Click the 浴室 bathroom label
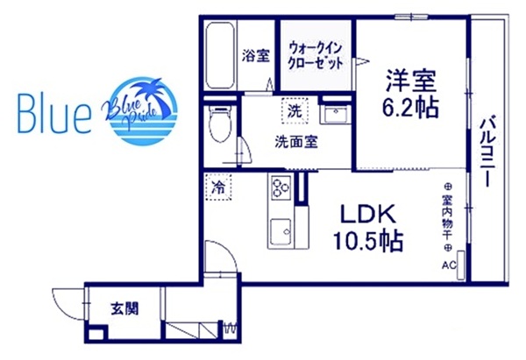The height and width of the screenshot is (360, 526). (256, 54)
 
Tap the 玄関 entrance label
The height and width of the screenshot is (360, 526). (123, 308)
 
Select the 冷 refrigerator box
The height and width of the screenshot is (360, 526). (217, 187)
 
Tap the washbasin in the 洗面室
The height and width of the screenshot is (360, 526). (333, 114)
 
